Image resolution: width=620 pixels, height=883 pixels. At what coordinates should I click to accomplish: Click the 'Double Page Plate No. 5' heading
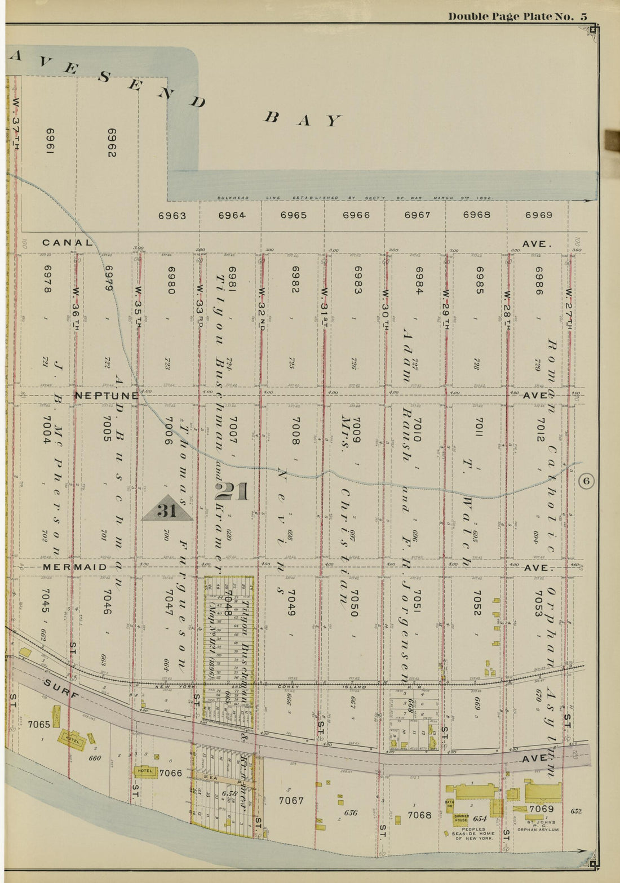pos(517,16)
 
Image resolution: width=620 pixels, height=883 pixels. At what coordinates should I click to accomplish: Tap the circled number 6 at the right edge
pos(586,481)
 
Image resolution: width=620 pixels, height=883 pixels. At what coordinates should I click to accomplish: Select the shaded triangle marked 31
pos(167,509)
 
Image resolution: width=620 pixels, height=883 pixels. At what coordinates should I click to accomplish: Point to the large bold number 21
pos(232,492)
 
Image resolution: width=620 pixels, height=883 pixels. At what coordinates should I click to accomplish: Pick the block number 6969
pos(538,215)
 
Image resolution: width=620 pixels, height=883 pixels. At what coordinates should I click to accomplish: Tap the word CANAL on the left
pos(67,243)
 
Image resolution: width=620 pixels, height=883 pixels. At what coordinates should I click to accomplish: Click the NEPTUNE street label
pos(107,396)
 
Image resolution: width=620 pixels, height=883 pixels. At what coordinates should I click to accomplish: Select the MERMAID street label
pos(74,567)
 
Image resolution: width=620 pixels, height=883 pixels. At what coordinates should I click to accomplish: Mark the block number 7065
pos(38,724)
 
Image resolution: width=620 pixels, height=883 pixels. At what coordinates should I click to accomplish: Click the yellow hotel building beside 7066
pos(145,771)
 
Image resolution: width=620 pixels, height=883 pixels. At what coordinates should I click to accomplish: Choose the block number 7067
pos(291,800)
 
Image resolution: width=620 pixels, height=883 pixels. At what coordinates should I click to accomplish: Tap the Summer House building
pos(460,818)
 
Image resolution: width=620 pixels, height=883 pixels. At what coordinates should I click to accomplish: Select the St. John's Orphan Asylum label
pos(538,826)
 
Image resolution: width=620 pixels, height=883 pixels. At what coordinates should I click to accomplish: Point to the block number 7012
pos(539,430)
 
